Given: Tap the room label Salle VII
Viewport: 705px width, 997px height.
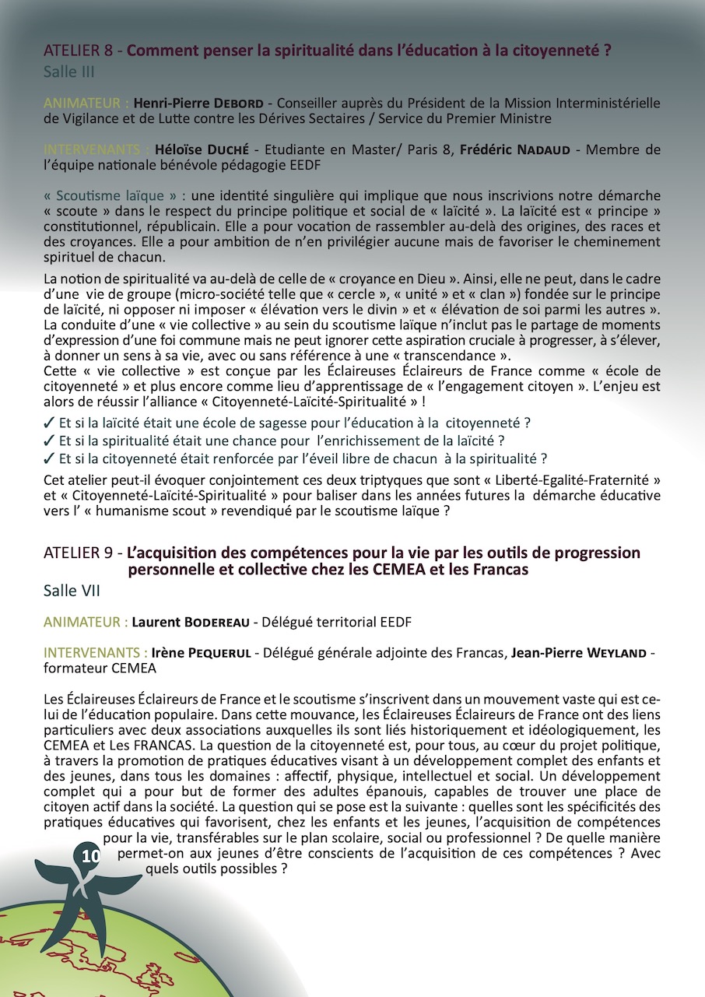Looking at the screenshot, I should pos(72,591).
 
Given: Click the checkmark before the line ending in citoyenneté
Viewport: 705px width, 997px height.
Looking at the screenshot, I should pos(50,424).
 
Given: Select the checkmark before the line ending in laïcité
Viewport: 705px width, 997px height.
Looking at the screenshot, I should pos(50,441).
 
